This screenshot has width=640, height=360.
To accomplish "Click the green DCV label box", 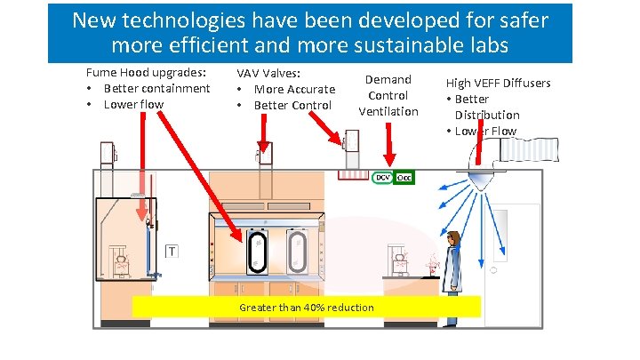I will coord(381,178).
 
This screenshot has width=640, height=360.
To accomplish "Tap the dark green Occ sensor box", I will coord(404,178).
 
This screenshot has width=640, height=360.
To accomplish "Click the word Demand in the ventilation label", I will coord(388,80).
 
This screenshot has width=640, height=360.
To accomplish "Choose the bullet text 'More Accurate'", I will coord(294,89).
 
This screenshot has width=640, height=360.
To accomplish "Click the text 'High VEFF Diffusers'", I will coord(498,84).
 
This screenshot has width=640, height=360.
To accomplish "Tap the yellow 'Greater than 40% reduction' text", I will coord(307,308).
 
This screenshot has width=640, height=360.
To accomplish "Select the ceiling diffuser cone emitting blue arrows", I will coord(481,178).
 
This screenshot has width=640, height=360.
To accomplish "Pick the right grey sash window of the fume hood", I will coord(297,252).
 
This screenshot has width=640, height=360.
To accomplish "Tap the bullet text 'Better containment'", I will coord(156,88).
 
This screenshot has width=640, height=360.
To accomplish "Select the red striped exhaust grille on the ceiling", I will coord(355,177).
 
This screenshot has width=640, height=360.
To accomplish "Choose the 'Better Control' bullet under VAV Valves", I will coord(292,105).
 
